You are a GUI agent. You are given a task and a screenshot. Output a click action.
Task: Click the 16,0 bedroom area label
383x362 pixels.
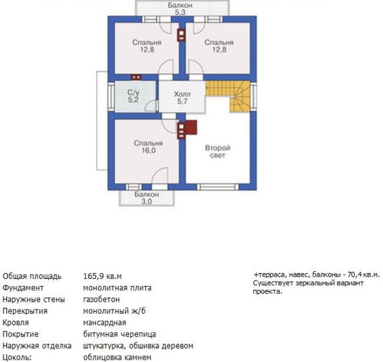click(148, 150)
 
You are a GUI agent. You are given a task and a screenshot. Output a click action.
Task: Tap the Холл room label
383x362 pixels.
click(182, 94)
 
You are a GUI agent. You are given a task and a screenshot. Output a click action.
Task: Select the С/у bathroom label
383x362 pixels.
click(133, 93)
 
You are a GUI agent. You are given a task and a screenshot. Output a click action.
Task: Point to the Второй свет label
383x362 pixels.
click(217, 152)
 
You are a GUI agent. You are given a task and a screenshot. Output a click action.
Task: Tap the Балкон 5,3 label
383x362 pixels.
click(180, 9)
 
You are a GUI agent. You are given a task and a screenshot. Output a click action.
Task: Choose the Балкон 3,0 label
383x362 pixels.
click(147, 198)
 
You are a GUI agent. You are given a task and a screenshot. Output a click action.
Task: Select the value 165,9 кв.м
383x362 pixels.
click(103, 277)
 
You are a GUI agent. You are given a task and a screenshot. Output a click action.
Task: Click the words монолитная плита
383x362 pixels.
click(117, 288)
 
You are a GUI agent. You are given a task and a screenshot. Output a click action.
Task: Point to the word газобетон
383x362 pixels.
click(101, 300)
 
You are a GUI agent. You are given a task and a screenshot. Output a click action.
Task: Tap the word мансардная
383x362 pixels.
click(104, 322)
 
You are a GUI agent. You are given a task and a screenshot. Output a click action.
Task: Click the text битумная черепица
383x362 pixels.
click(120, 334)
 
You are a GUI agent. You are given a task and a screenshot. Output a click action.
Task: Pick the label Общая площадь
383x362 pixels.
click(32, 277)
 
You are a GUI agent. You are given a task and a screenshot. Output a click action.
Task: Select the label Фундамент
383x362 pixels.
click(23, 288)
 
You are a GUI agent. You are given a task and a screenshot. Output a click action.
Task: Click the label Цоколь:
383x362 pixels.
click(17, 357)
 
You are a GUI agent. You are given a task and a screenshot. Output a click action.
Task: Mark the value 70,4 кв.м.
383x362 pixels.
click(364, 275)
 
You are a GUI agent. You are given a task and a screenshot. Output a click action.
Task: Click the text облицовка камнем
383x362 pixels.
click(117, 357)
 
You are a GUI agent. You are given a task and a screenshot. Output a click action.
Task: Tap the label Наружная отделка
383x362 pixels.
click(37, 346)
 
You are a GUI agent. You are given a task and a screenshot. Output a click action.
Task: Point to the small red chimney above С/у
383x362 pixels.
click(136, 77)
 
